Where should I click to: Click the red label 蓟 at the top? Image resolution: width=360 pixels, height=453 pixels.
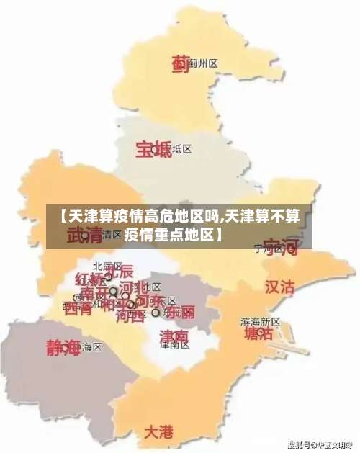point(179,64)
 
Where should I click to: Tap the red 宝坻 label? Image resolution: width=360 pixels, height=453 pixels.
point(153,149)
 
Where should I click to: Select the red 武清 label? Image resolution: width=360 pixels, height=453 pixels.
point(85,236)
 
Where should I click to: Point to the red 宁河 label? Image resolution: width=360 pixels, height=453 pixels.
point(280,248)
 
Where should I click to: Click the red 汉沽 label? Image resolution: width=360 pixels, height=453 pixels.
point(280,287)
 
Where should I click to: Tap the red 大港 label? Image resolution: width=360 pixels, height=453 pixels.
point(158,432)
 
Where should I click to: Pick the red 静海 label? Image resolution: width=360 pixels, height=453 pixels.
point(63,348)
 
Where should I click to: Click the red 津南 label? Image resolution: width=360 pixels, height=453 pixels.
point(174,336)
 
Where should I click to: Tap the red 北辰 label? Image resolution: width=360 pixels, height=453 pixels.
point(119,272)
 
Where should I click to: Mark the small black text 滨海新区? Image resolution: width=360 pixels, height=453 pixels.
point(260,320)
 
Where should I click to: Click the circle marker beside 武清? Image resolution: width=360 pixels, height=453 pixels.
point(85,235)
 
